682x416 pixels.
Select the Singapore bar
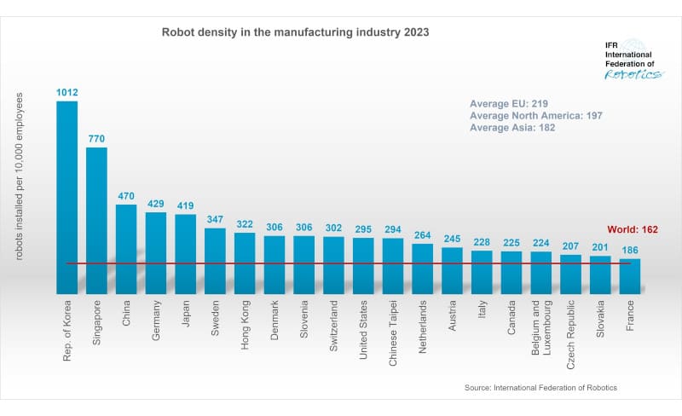(96, 221)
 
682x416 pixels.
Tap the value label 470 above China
(126, 195)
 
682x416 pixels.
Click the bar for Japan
(185, 254)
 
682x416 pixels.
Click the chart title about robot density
(296, 32)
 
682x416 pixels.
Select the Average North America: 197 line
(537, 115)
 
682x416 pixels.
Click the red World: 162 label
(633, 229)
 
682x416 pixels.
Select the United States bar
(363, 265)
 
